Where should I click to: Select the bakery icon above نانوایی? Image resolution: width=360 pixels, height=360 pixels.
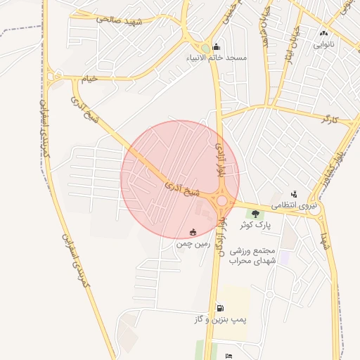point(323,33)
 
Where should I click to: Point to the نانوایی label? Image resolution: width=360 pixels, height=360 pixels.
point(324,44)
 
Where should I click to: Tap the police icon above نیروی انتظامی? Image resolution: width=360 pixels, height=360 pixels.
point(294,194)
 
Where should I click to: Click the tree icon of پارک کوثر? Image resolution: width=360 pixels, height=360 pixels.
point(255,214)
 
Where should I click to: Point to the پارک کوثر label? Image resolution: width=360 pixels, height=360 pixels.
point(255,225)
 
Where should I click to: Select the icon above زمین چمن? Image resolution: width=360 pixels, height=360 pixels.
point(193,231)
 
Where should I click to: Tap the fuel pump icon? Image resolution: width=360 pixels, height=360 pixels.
point(221,307)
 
